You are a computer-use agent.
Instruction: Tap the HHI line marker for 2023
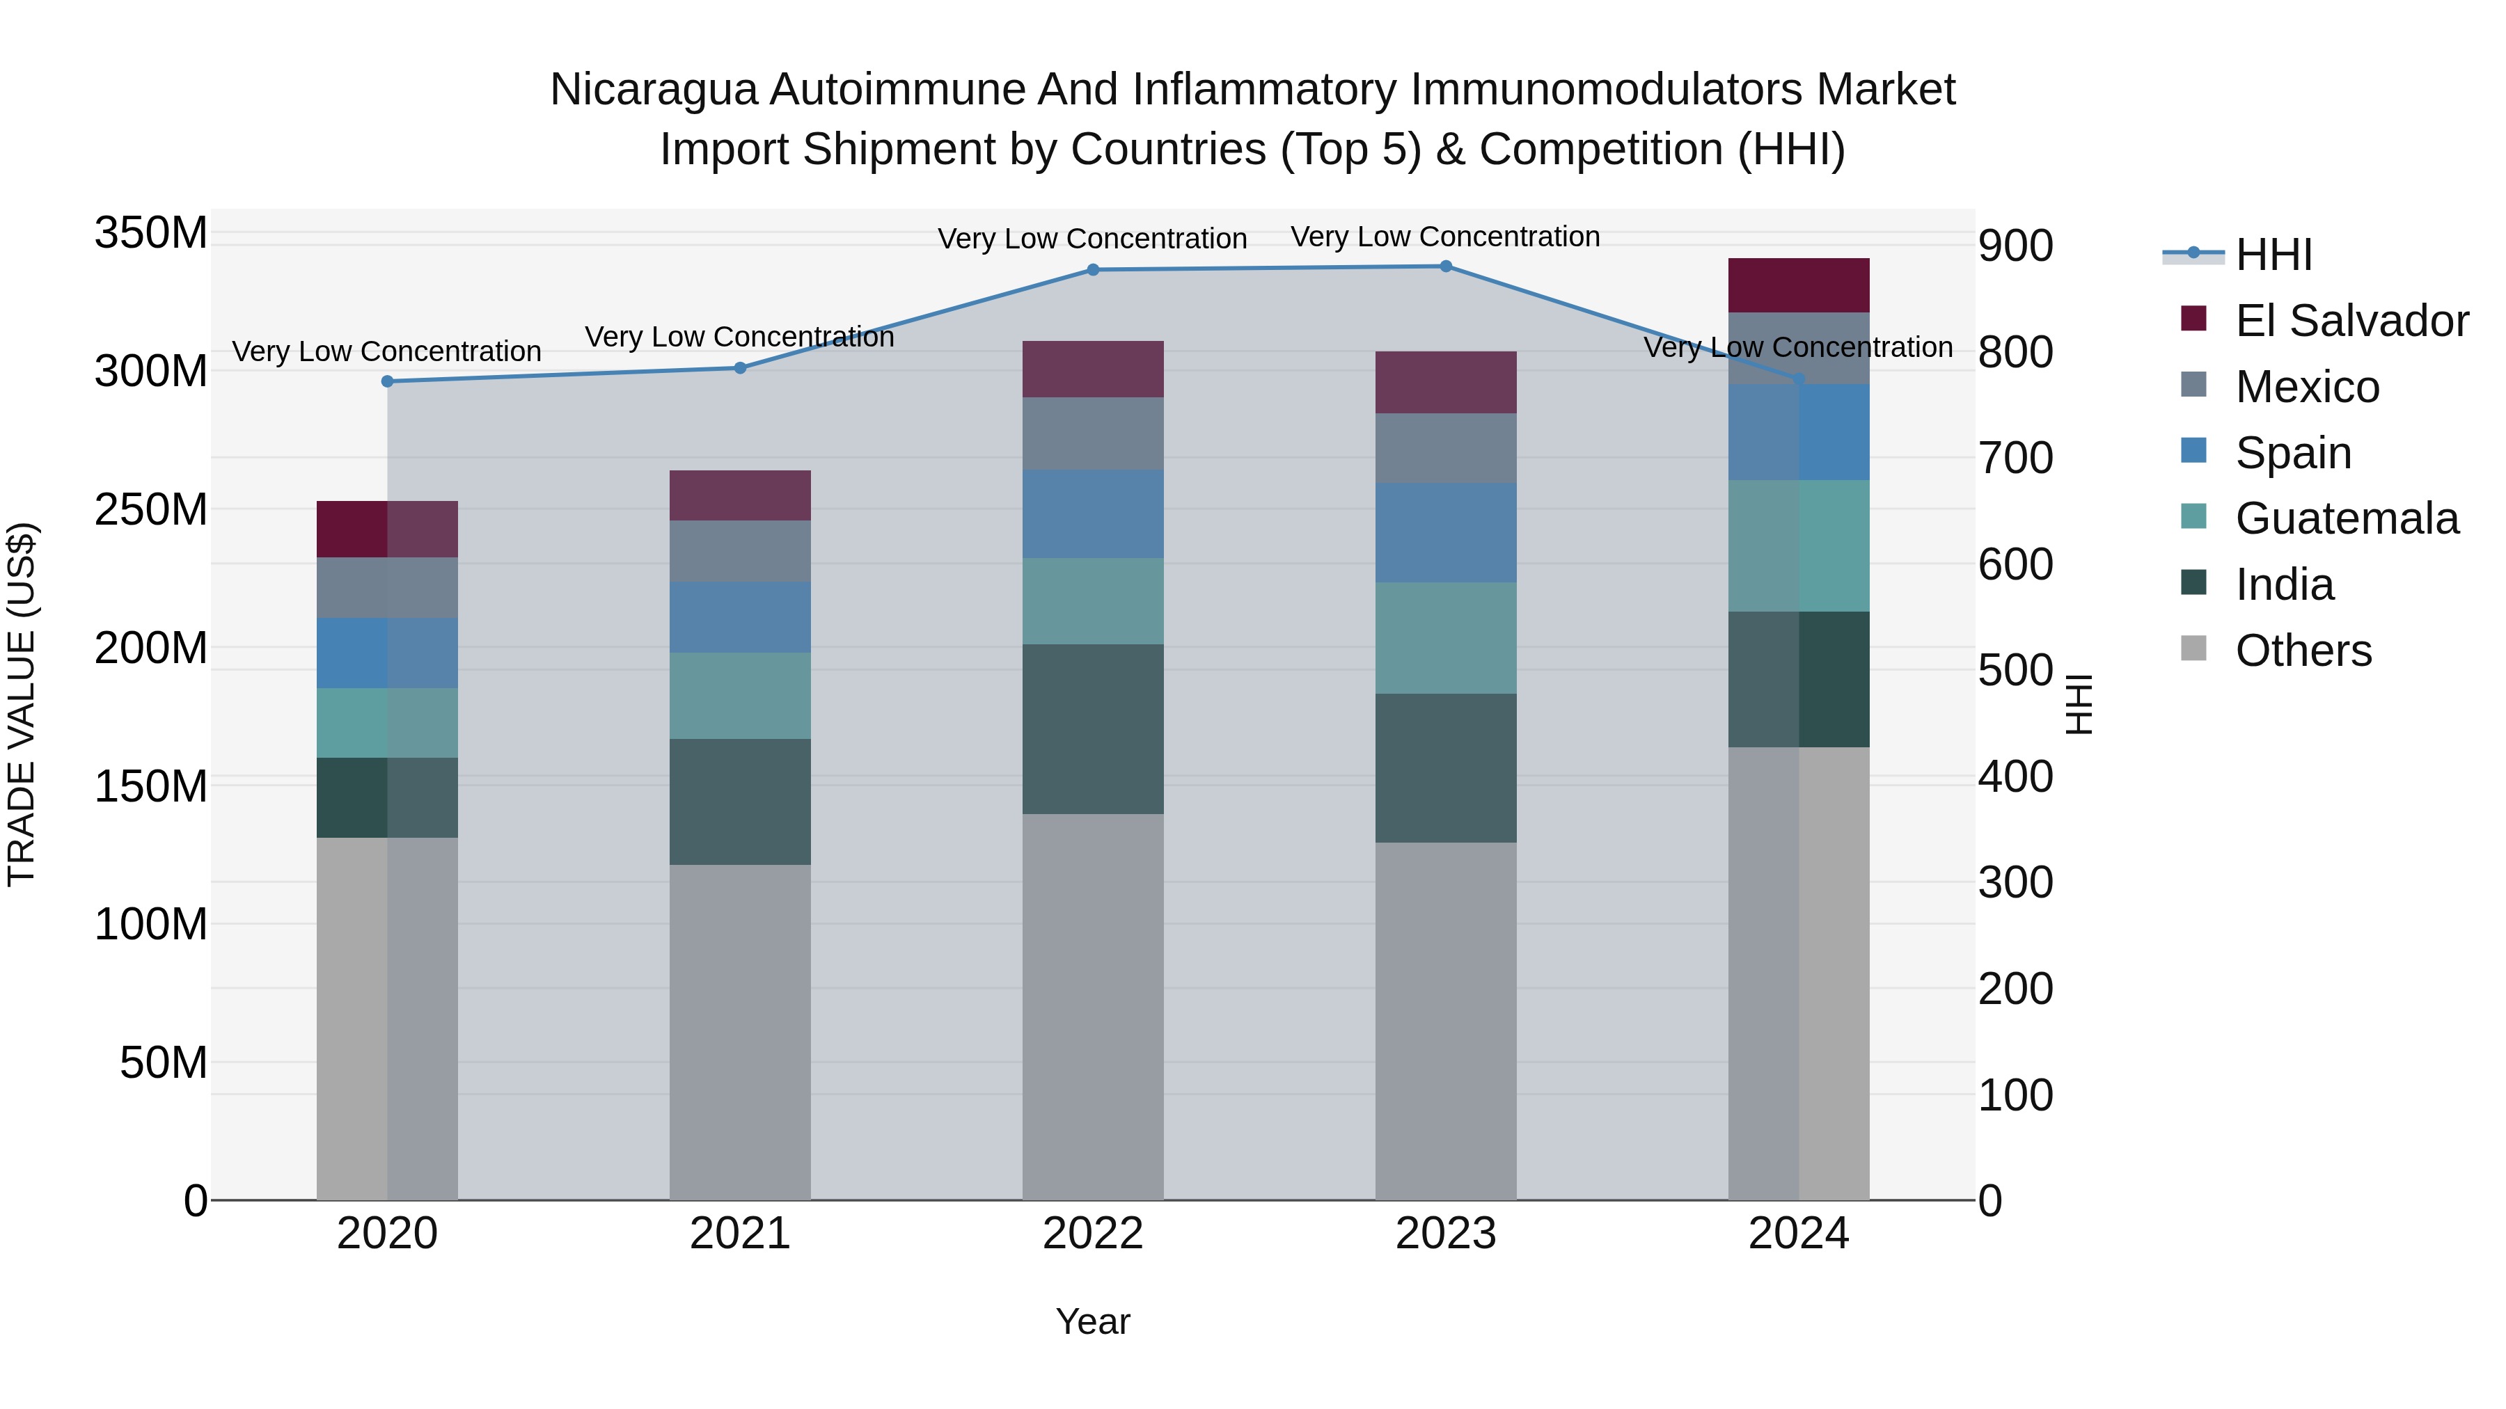coord(1446,266)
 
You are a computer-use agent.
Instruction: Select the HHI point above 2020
coord(387,381)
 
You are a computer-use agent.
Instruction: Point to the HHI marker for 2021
coord(739,367)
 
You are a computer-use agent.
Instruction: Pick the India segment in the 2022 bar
coord(1092,729)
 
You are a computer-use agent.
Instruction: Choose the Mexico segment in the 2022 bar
coord(1092,433)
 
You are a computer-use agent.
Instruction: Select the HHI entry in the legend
coord(2273,255)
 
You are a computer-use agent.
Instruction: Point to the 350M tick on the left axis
coord(151,233)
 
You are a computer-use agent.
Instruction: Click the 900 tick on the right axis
coord(2016,246)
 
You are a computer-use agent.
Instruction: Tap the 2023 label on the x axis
coord(1446,1234)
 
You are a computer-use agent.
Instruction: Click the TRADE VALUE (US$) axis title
coord(22,704)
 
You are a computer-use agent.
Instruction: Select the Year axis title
coord(1092,1321)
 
